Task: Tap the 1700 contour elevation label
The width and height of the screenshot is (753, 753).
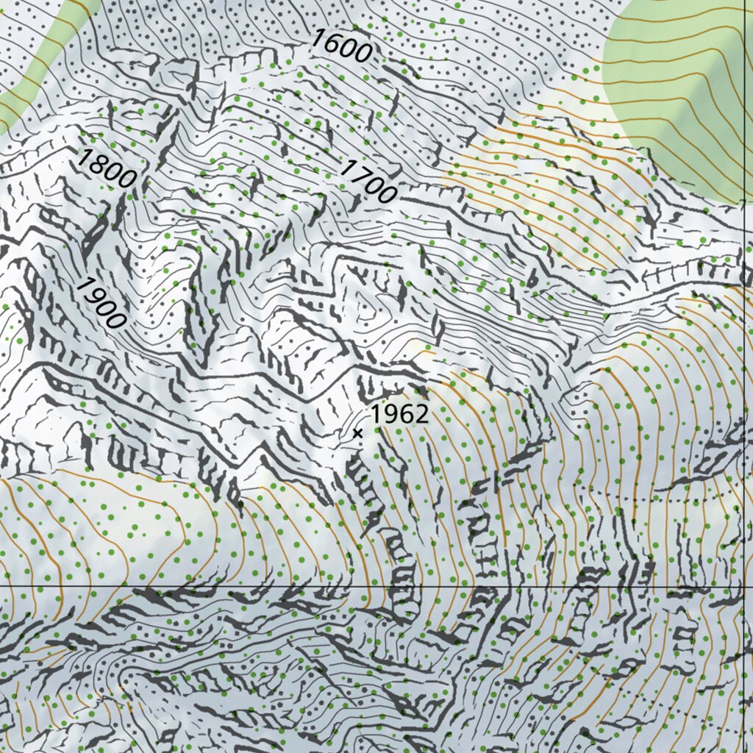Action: pyautogui.click(x=368, y=181)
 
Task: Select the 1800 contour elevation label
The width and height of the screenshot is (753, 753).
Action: pyautogui.click(x=107, y=168)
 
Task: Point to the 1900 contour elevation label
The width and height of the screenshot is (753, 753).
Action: pyautogui.click(x=99, y=302)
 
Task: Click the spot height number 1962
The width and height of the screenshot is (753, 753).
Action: pyautogui.click(x=399, y=414)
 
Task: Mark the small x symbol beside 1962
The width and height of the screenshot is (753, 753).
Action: pyautogui.click(x=357, y=433)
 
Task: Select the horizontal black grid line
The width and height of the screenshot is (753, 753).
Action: pyautogui.click(x=294, y=586)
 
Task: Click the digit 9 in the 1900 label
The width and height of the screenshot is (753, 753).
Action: pyautogui.click(x=94, y=295)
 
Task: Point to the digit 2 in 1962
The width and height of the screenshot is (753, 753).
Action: pyautogui.click(x=421, y=414)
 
